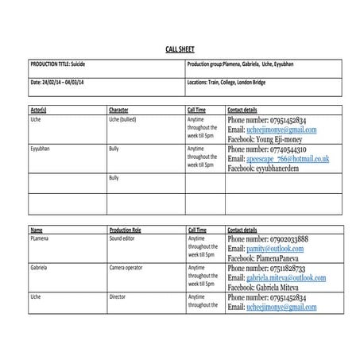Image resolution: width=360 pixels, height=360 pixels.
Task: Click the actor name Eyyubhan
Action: pos(42,148)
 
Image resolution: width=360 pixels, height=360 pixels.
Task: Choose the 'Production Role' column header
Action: pos(127,229)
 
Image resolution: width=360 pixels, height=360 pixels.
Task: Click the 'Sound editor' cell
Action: pos(122,238)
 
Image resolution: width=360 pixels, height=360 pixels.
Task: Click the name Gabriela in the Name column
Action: pos(41,268)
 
